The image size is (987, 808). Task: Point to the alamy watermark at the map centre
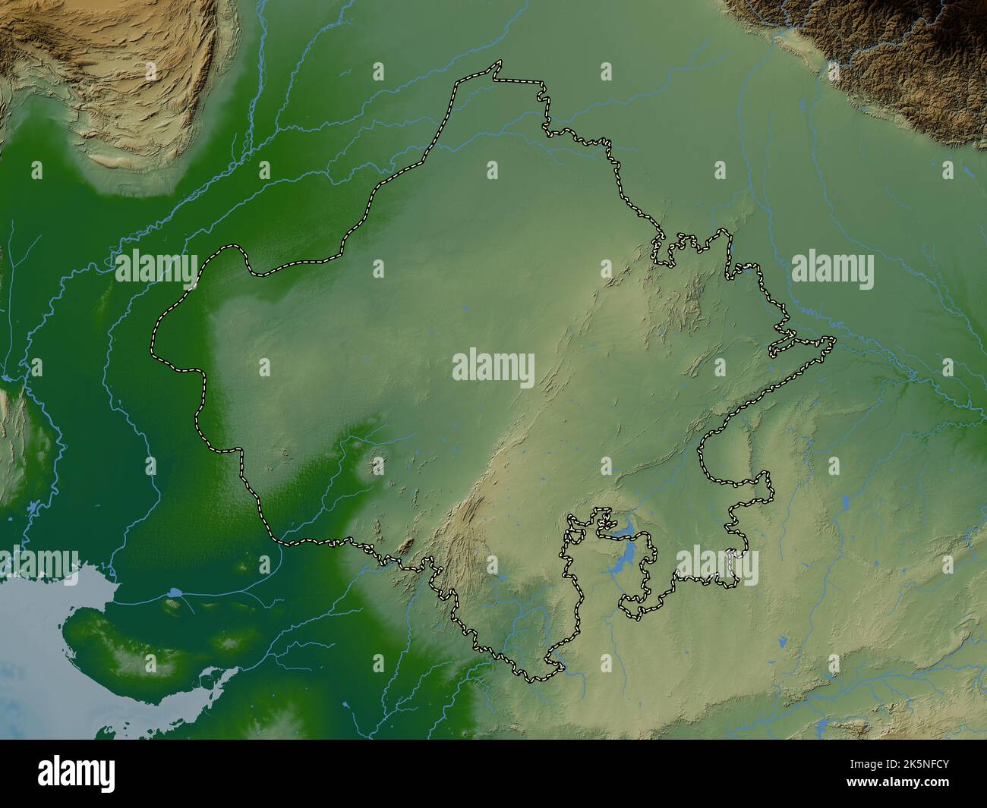point(493,366)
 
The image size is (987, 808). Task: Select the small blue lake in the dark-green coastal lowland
point(175,591)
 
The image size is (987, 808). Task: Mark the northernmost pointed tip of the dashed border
point(498,63)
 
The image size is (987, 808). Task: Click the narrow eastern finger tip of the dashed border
point(833,341)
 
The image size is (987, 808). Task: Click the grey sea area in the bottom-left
point(38,668)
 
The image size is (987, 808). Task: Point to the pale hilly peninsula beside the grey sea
point(129,645)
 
